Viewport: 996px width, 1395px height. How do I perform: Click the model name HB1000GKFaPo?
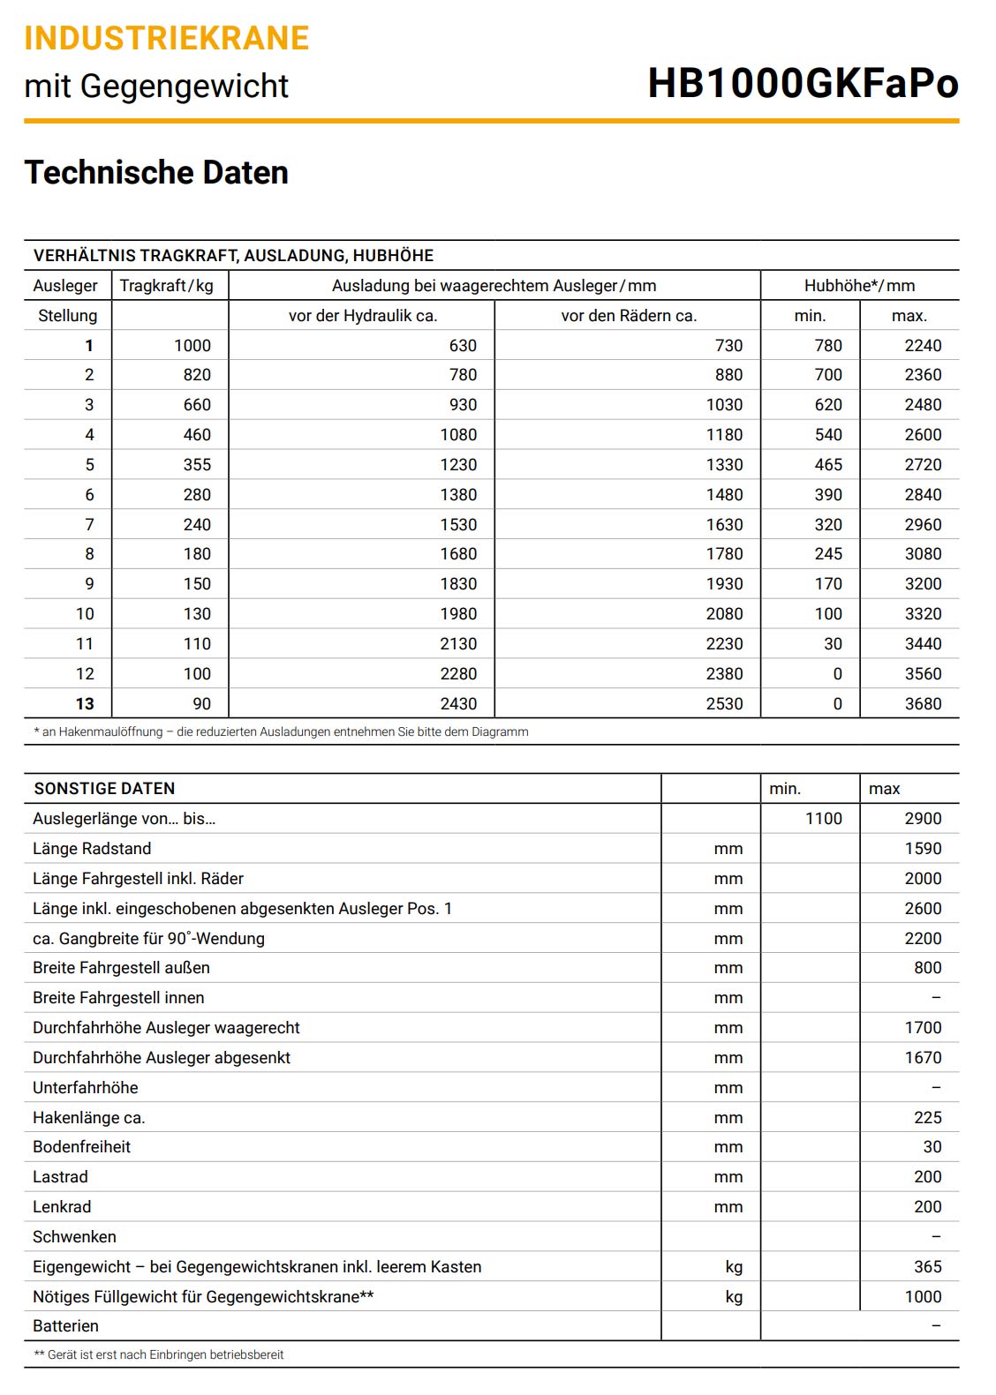tap(803, 84)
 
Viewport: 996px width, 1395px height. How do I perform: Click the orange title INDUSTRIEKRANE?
tap(167, 38)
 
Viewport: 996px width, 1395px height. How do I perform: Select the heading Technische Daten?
tap(156, 172)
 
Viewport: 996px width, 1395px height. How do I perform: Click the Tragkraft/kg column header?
tap(167, 286)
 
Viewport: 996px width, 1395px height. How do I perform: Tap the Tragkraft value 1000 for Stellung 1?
tap(192, 346)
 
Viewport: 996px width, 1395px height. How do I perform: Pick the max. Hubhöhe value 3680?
tap(923, 704)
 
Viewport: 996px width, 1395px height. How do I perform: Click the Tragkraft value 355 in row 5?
tap(196, 465)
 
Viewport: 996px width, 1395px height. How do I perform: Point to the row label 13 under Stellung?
tap(85, 704)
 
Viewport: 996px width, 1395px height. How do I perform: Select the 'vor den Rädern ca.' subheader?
tap(629, 316)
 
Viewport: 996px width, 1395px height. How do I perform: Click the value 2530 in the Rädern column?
tap(724, 704)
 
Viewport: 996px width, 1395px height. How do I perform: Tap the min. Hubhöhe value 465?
tap(827, 465)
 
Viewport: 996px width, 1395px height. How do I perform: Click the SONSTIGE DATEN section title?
tap(104, 789)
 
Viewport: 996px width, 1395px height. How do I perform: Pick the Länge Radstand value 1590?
tap(923, 849)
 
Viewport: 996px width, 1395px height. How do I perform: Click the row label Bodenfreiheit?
tap(81, 1147)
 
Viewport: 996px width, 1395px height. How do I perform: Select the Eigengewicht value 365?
tap(927, 1267)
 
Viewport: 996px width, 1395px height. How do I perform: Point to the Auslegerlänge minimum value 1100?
tap(823, 819)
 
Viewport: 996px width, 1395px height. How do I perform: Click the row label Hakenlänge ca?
tap(88, 1118)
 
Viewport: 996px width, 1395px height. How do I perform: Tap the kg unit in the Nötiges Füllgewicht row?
tap(734, 1297)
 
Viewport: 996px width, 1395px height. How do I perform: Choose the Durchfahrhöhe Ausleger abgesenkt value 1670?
tap(923, 1058)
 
